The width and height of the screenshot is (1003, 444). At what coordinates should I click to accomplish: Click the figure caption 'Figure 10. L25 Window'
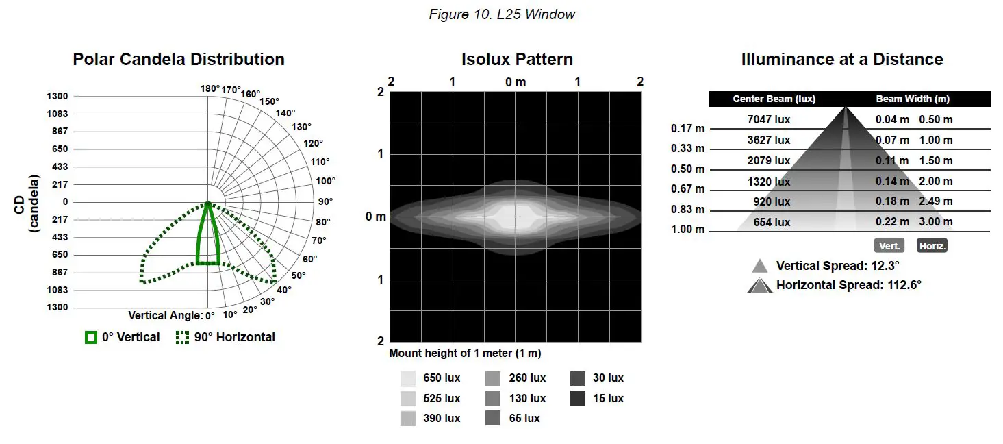(x=502, y=14)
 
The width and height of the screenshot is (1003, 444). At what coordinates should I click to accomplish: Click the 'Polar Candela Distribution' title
(x=179, y=60)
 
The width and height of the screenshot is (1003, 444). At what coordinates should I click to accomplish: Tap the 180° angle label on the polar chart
(x=210, y=88)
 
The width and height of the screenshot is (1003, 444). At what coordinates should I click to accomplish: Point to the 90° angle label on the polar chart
(x=325, y=201)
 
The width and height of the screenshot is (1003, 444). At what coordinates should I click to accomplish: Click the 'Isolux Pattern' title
(x=517, y=60)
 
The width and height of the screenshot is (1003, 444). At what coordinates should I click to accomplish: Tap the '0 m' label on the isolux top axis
(x=516, y=82)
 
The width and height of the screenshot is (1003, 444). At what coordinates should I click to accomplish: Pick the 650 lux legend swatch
(x=408, y=378)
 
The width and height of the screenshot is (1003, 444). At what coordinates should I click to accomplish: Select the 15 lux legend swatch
(x=578, y=398)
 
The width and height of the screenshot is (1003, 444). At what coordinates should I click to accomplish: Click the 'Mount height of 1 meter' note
(x=465, y=354)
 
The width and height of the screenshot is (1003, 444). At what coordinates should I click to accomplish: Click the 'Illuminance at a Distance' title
(x=841, y=60)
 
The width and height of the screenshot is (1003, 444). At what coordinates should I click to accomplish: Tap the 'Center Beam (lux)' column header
(x=774, y=99)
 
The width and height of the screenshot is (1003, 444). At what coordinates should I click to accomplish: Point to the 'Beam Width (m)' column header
(x=913, y=99)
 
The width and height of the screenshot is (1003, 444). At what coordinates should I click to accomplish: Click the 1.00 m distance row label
(x=688, y=230)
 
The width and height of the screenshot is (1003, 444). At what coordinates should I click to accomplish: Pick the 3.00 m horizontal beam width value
(x=935, y=222)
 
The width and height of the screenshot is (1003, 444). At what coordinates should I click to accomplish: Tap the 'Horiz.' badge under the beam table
(x=932, y=246)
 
